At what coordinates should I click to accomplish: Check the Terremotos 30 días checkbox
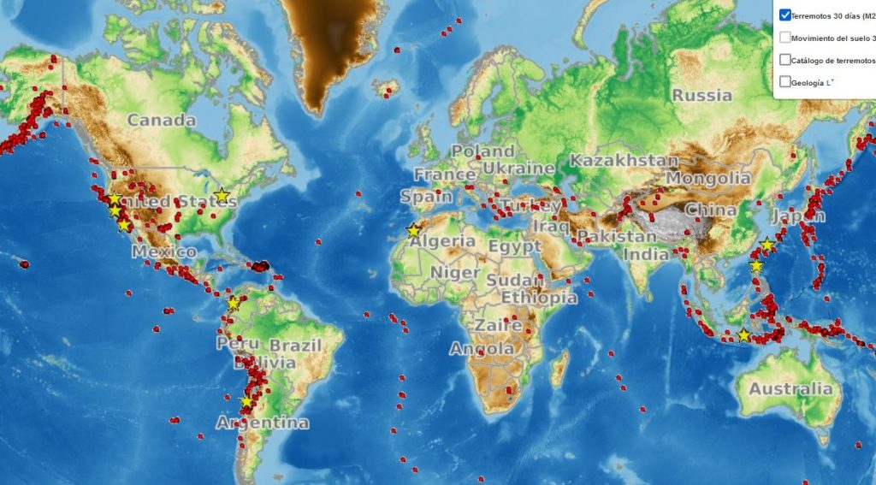click(785, 15)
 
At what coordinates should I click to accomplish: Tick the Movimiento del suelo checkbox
click(785, 38)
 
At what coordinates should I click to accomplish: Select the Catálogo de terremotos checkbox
click(785, 60)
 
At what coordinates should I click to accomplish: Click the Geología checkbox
click(785, 82)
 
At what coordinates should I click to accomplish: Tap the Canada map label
click(162, 121)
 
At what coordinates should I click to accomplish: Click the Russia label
click(701, 95)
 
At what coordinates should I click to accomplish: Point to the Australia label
click(790, 389)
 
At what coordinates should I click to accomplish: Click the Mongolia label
click(707, 179)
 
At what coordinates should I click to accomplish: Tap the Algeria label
click(442, 241)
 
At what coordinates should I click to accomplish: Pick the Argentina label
click(262, 423)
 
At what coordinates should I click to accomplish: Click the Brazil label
click(295, 346)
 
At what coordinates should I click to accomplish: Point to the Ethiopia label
click(539, 298)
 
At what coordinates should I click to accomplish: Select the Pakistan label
click(604, 236)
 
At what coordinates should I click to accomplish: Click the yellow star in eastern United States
click(222, 196)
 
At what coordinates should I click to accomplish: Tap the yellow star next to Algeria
click(414, 231)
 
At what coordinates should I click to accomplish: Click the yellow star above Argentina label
click(247, 402)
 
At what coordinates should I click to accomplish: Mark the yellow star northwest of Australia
click(744, 336)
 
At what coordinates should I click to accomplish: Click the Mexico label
click(163, 252)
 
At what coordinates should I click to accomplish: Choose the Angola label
click(482, 349)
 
